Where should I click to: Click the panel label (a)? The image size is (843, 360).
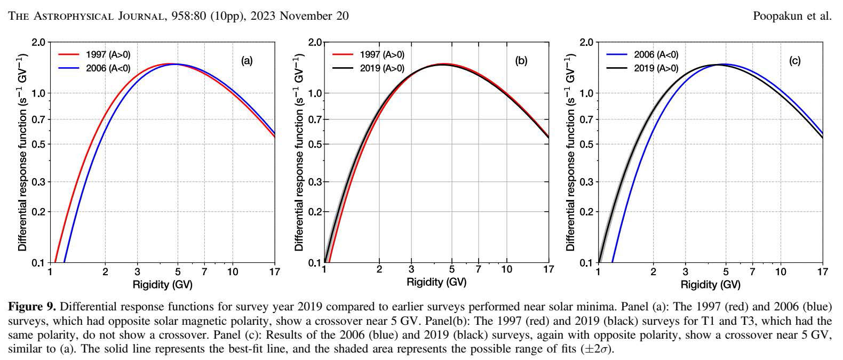[x=246, y=61]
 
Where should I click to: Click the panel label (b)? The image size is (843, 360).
[x=521, y=61]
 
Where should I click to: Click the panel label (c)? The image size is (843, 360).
[x=794, y=61]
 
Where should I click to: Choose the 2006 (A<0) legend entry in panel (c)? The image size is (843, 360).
[x=656, y=54]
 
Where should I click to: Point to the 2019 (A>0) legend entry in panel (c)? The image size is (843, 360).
[x=656, y=68]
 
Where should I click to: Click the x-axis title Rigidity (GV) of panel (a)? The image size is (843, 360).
[x=162, y=284]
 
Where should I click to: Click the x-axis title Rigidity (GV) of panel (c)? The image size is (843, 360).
[x=710, y=284]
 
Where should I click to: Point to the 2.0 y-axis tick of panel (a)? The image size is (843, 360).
[x=39, y=42]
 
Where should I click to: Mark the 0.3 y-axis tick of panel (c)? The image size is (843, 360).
[x=587, y=182]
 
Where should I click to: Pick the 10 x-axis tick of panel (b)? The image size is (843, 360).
[x=506, y=269]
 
